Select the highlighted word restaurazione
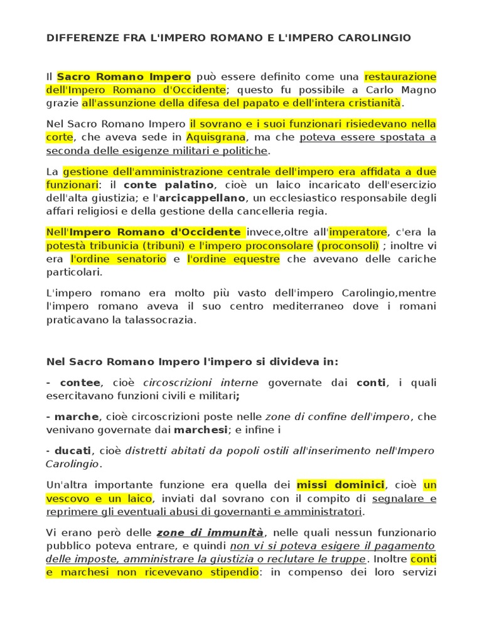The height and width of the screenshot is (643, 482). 400,77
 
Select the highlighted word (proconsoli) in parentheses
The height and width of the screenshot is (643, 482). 348,245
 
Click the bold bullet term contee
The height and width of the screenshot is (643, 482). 80,382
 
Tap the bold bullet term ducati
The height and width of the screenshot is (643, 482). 73,450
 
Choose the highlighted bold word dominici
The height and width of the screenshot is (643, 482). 358,484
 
